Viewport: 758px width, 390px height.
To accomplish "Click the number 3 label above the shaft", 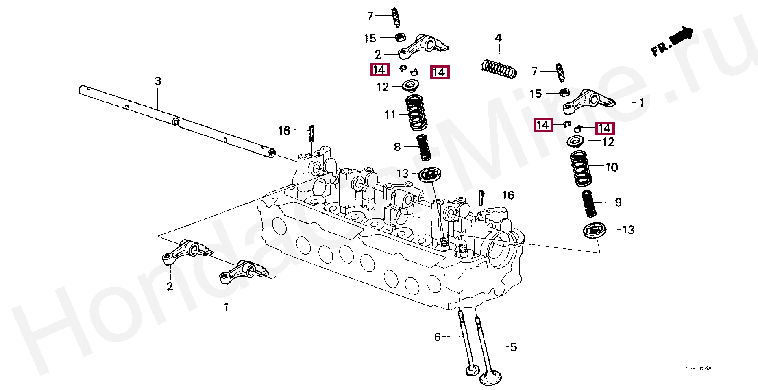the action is pos(158,81).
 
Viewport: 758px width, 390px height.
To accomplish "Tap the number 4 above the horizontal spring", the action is pos(498,39).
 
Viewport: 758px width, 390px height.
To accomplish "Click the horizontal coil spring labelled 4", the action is pos(499,69).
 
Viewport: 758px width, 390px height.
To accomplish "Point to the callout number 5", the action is pos(514,347).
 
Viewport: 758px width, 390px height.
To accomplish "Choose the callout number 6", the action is pos(437,337).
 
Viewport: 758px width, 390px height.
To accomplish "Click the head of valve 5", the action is pos(491,376).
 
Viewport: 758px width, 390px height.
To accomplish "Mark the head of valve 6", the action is pos(473,370).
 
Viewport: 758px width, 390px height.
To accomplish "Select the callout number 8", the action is pos(397,147).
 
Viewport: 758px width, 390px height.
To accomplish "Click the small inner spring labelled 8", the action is pos(424,147).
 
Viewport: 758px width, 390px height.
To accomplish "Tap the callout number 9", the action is pos(618,203).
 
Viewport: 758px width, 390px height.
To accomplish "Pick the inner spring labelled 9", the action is pos(588,204).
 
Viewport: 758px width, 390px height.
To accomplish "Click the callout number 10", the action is pos(612,167).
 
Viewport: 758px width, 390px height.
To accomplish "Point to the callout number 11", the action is pos(390,115).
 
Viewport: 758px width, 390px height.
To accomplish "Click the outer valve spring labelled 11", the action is pos(416,113).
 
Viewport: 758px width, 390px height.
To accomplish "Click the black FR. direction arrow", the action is pos(682,35).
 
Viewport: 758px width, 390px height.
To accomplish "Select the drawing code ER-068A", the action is pos(698,368).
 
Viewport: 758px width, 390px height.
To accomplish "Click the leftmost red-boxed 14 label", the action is pos(379,70).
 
